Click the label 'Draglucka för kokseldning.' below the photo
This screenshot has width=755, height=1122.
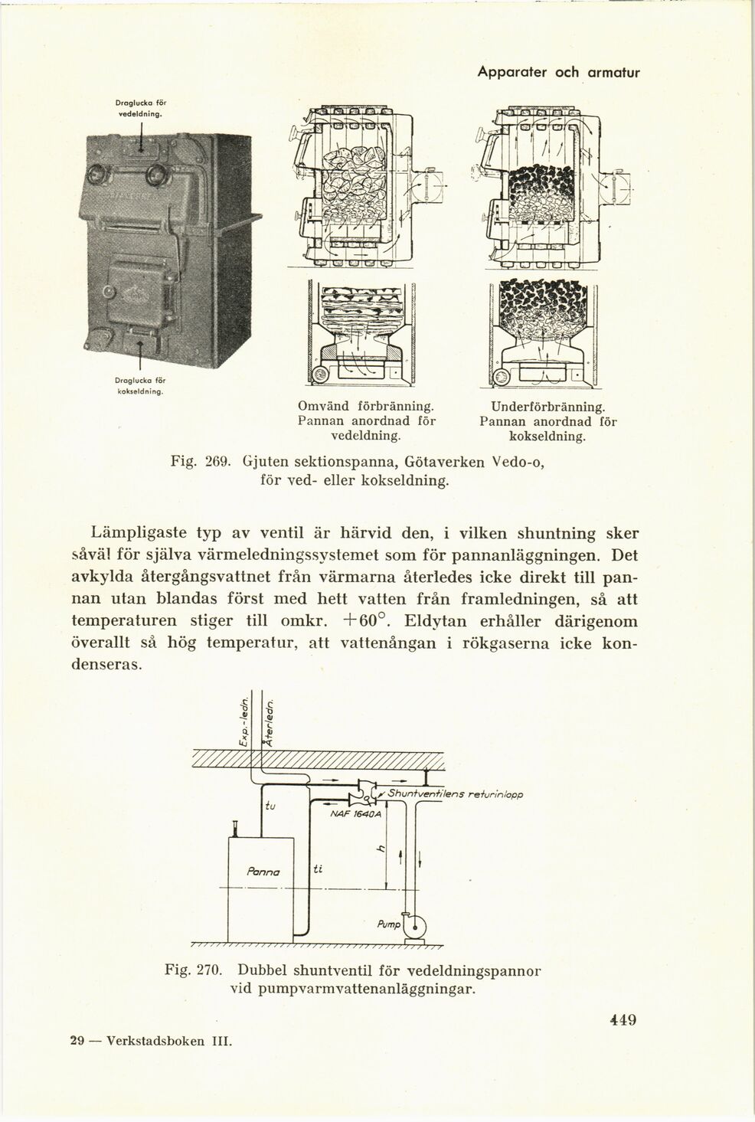(x=140, y=384)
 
